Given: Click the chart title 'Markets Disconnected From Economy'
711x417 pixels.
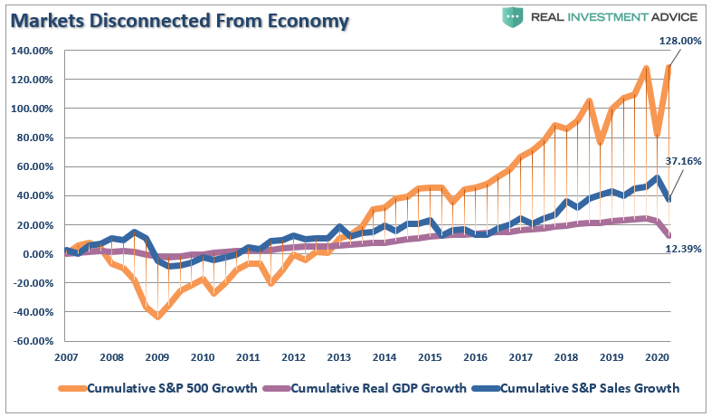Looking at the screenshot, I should tap(179, 22).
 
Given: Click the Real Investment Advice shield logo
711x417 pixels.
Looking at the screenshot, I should tap(512, 17).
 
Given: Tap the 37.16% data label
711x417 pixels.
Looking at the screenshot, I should tap(683, 161).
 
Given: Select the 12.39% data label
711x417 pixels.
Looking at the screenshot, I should tap(684, 247).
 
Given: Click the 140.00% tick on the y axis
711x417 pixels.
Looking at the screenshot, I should tap(32, 51).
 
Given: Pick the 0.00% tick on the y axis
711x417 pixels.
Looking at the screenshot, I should tap(36, 254).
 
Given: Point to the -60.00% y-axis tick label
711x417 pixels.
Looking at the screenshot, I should tap(33, 341).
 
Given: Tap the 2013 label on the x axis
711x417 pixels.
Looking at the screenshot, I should tap(340, 356).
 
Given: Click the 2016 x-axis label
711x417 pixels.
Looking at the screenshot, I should tap(476, 356).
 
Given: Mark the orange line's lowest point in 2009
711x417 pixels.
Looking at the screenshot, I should tap(157, 317).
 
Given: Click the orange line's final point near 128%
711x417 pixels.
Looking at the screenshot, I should tap(668, 68).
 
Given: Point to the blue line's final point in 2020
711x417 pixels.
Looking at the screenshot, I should tap(668, 199).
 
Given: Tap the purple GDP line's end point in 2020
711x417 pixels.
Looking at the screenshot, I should tap(668, 235).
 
